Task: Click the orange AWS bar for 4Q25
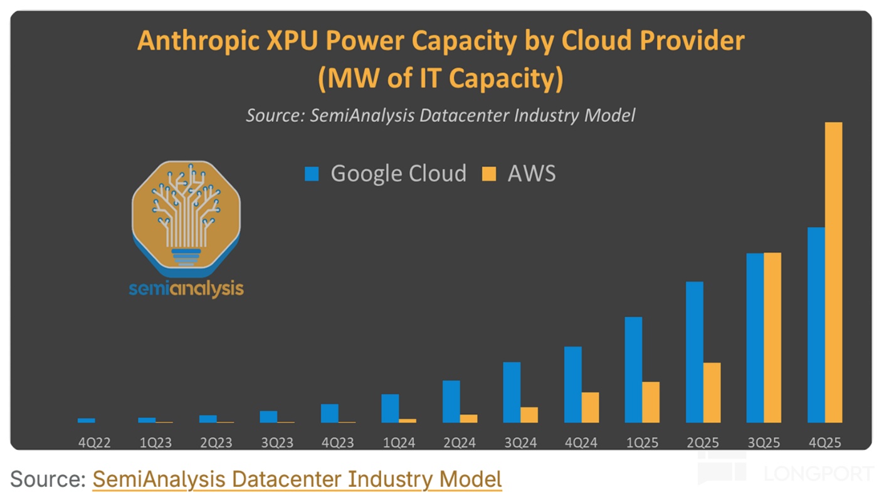click(x=833, y=272)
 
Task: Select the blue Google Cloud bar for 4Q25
click(x=816, y=325)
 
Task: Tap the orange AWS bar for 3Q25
click(x=772, y=338)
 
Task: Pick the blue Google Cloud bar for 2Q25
click(x=694, y=352)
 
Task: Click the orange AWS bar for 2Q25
click(x=712, y=393)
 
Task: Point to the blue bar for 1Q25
click(x=633, y=370)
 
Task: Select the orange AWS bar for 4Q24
click(x=590, y=407)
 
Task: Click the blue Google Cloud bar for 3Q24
click(x=512, y=392)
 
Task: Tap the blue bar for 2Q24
click(x=451, y=402)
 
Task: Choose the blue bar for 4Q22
click(x=87, y=420)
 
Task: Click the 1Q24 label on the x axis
click(x=399, y=443)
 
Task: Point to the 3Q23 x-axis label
click(x=277, y=443)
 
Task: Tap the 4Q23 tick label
click(x=338, y=443)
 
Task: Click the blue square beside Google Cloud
click(x=312, y=174)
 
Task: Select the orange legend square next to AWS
click(x=489, y=174)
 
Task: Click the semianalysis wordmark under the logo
click(x=186, y=289)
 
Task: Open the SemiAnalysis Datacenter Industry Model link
click(x=297, y=479)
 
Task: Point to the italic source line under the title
click(x=440, y=115)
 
